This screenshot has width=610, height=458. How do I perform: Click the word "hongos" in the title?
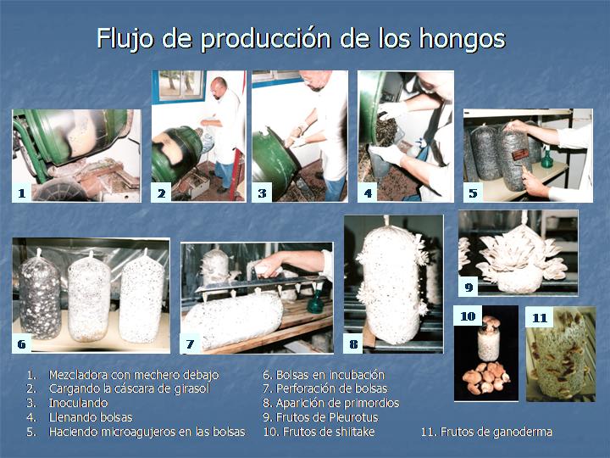[463, 40]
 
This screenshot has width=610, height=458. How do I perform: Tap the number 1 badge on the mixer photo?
[22, 193]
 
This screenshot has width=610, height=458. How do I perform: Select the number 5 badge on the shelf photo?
[473, 193]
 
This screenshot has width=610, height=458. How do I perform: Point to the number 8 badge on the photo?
[353, 343]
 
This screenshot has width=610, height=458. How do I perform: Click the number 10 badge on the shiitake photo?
[468, 316]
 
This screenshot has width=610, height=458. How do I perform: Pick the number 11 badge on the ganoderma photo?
[540, 318]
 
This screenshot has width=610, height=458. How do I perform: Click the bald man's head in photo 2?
[219, 87]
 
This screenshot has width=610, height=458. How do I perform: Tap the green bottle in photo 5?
[546, 159]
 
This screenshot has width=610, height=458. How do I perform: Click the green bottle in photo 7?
[316, 300]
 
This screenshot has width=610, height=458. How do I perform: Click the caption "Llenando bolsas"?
[91, 417]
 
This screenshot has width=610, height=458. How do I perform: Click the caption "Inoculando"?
[78, 403]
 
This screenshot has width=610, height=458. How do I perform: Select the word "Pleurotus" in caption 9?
[353, 417]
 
